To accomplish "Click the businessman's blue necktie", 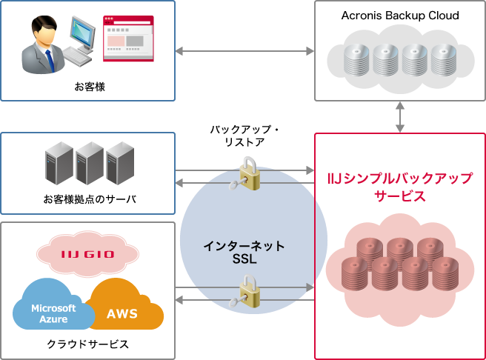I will point(49,59).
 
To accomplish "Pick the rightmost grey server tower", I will point(119,164).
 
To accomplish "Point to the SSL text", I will point(244,259).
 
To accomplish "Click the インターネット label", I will point(244,245).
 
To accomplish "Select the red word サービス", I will point(400,197).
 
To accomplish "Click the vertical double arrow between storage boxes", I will point(400,117).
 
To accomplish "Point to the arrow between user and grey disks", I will point(244,51).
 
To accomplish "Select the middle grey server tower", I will point(89,164).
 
